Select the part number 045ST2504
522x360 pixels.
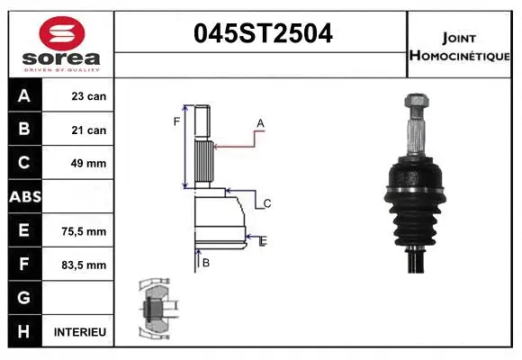(x=264, y=34)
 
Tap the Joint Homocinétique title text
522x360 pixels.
(x=461, y=46)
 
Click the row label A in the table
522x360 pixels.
(x=23, y=96)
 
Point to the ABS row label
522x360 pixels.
(x=23, y=196)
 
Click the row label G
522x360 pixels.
(x=23, y=298)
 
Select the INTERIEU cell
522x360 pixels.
(x=80, y=332)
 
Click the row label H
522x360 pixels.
(x=23, y=332)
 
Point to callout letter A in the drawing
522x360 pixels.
(x=260, y=123)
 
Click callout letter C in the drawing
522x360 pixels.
(x=267, y=204)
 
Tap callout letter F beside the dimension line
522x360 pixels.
(x=176, y=121)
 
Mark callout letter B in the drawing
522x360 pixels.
(x=206, y=263)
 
